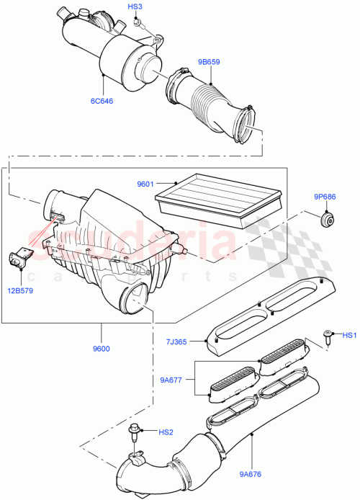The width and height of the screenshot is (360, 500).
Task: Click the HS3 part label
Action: (135, 6)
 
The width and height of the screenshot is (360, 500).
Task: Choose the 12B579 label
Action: (25, 291)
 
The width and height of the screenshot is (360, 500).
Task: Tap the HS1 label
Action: (348, 335)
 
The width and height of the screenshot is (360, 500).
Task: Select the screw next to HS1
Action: (328, 334)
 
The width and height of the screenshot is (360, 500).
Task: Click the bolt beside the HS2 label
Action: (134, 432)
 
